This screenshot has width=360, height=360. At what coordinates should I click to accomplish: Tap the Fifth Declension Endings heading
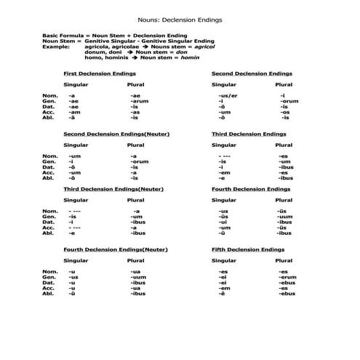[247, 249]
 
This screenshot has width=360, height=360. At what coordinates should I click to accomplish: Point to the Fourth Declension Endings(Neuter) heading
[116, 249]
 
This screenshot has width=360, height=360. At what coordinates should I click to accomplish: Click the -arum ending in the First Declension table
[139, 101]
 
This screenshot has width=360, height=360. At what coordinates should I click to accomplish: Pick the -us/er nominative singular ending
[227, 95]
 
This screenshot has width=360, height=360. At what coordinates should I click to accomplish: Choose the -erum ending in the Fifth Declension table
[287, 276]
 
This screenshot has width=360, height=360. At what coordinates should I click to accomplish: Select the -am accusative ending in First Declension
[73, 112]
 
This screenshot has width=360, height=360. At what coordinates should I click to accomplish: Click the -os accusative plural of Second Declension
[285, 112]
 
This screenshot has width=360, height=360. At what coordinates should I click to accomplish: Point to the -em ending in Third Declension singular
[223, 172]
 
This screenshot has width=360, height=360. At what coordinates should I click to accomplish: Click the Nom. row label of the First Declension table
[49, 95]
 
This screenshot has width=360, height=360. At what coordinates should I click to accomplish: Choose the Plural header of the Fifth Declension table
[284, 260]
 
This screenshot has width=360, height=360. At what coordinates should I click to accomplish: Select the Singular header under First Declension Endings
[76, 84]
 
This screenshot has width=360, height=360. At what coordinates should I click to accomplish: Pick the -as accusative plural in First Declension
[135, 112]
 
